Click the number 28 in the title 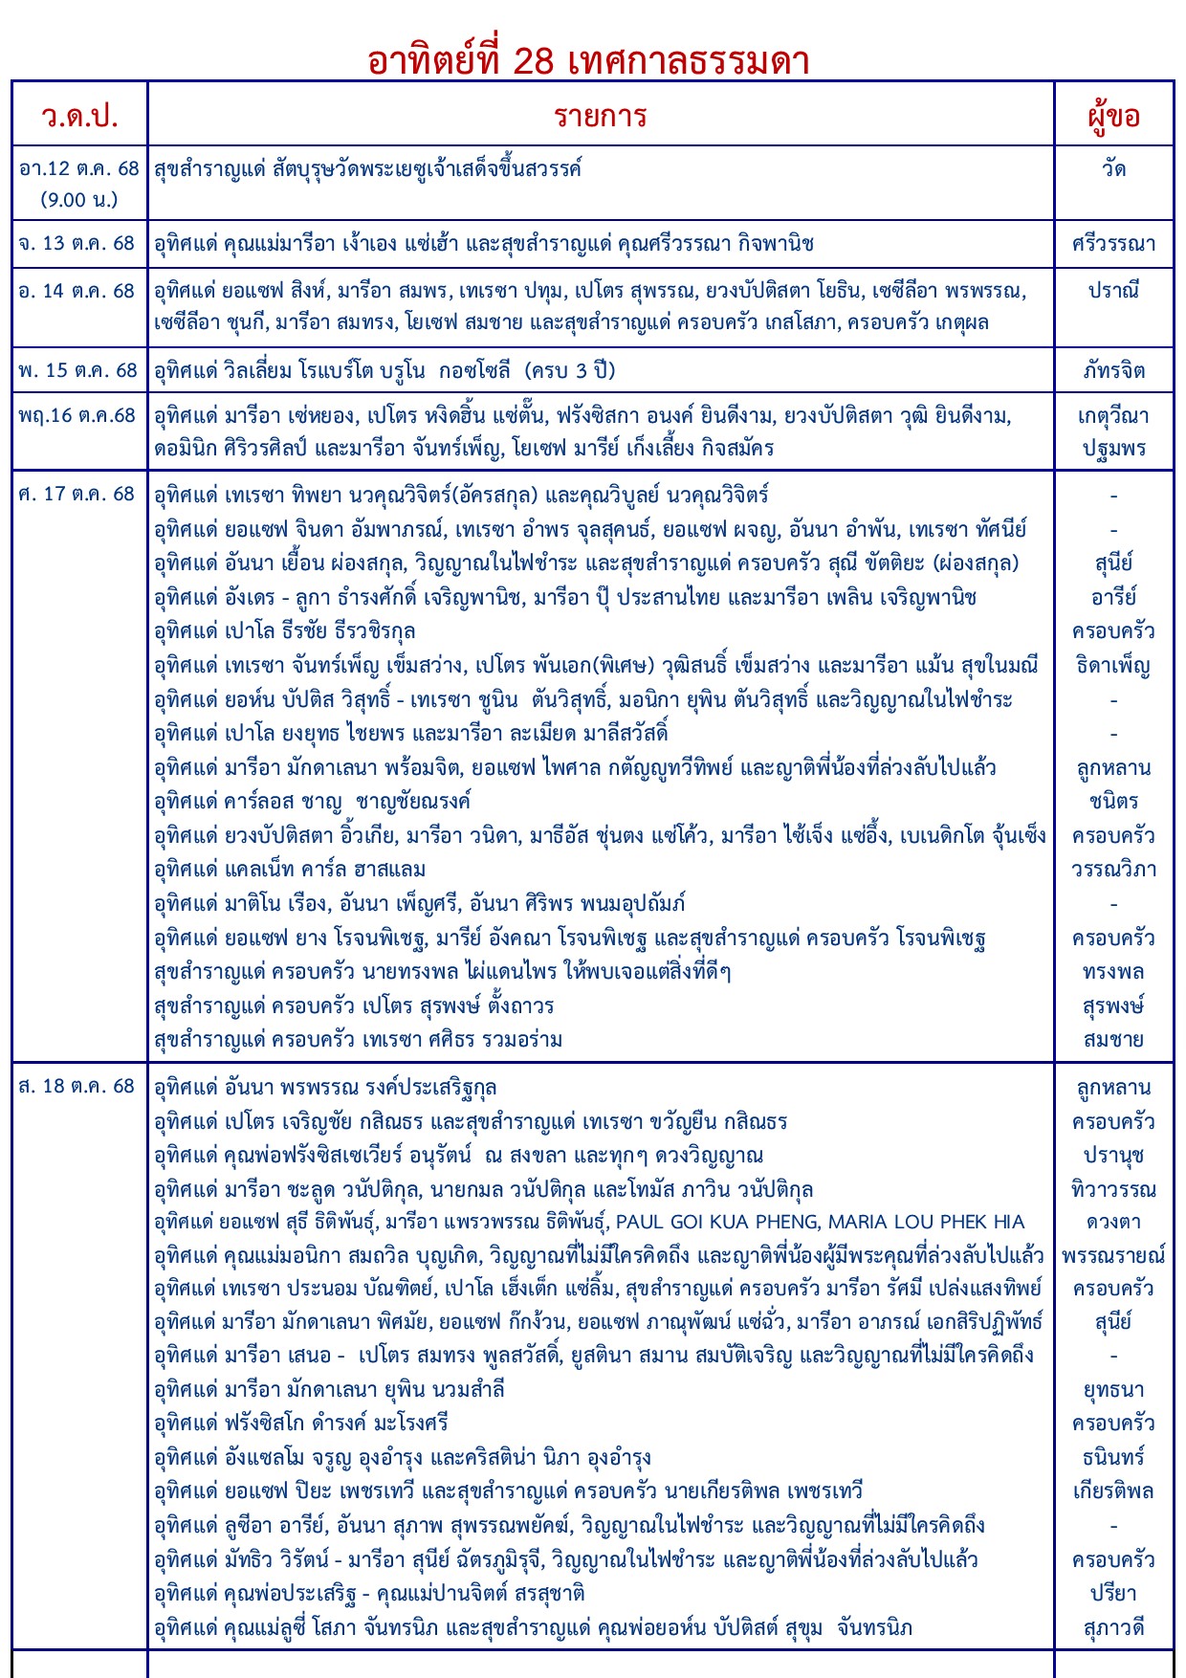coord(533,61)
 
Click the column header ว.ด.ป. coord(79,116)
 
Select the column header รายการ coord(601,116)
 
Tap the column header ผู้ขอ coord(1113,117)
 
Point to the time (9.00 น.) coord(79,200)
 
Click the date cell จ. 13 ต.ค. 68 coord(77,243)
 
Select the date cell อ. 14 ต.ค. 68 coord(77,291)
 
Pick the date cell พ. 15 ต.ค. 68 coord(77,370)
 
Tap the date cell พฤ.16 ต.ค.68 coord(77,415)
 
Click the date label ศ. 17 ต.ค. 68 coord(77,495)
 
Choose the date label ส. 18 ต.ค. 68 coord(77,1087)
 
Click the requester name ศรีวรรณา coord(1113,243)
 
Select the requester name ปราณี coord(1113,291)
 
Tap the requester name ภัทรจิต coord(1113,370)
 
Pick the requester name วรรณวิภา coord(1113,870)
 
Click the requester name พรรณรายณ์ coord(1113,1255)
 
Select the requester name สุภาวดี coord(1113,1627)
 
